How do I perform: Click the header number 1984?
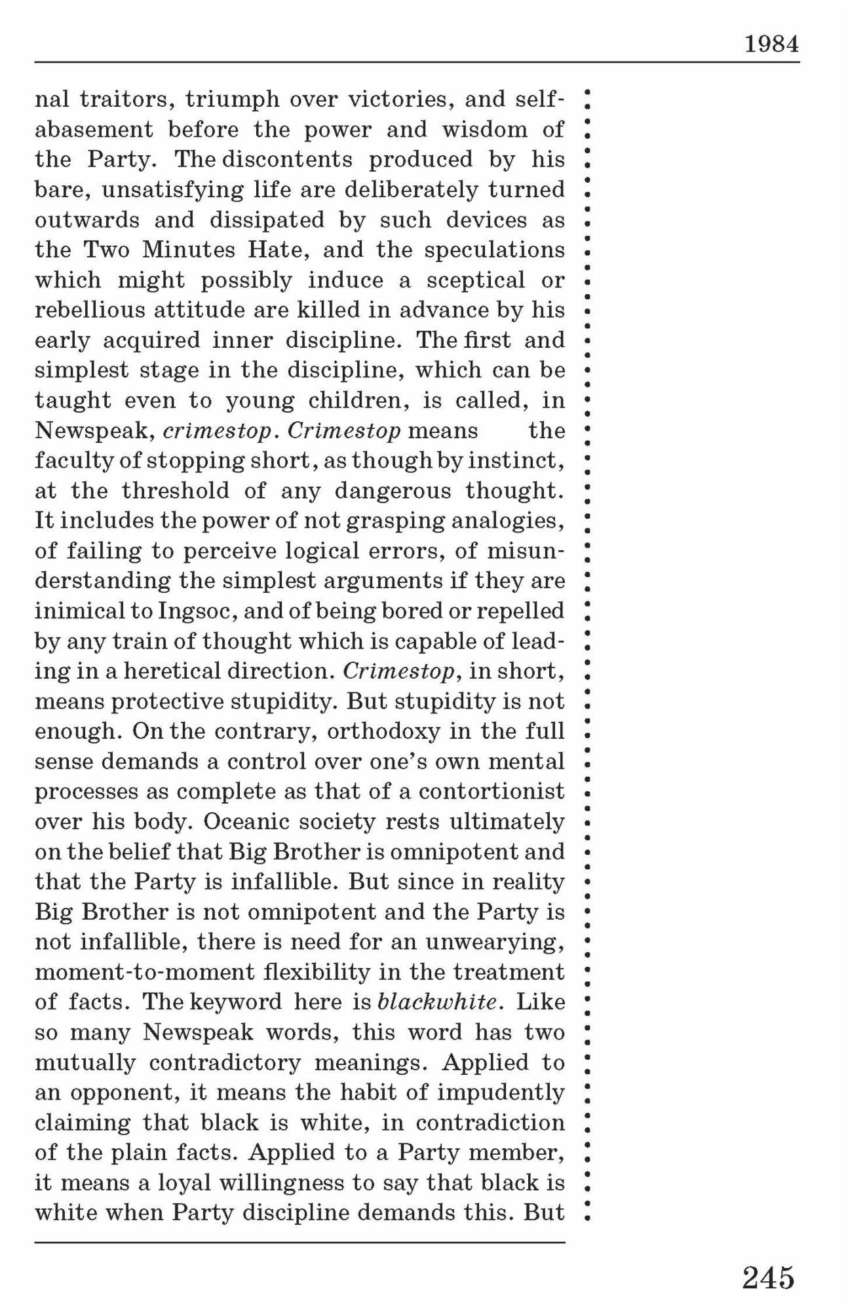pyautogui.click(x=771, y=45)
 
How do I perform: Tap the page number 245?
pyautogui.click(x=768, y=1277)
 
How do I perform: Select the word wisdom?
pyautogui.click(x=484, y=129)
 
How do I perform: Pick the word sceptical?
pyautogui.click(x=476, y=280)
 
